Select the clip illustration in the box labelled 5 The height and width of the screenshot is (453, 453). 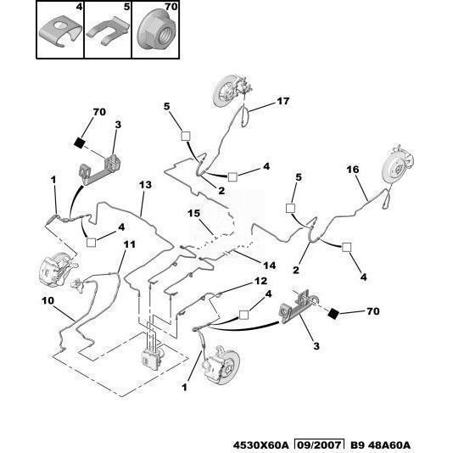coord(108,31)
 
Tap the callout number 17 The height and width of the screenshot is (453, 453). coord(282,101)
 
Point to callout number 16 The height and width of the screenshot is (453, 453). coord(352,170)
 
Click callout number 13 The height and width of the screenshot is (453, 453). coord(145,185)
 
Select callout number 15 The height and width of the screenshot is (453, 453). coord(193,213)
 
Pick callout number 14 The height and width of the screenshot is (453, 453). coord(269,266)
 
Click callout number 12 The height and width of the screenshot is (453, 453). coord(260,281)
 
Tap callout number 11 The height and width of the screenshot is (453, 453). coord(130,244)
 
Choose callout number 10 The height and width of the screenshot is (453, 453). coord(48,301)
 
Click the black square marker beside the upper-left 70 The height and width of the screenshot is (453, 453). coord(79,143)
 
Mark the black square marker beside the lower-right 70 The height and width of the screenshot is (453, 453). coord(333,314)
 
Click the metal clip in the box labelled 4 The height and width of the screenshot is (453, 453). coord(61,31)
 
